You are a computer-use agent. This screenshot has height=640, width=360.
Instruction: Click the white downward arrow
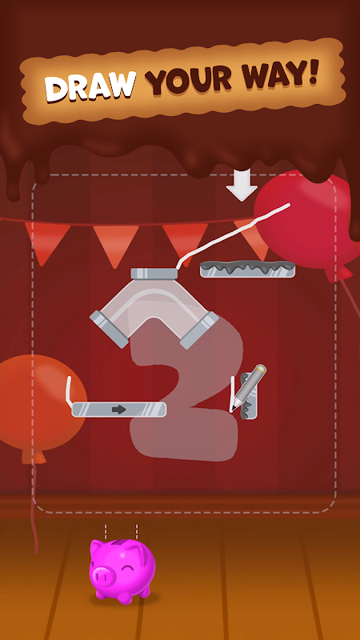coord(242,185)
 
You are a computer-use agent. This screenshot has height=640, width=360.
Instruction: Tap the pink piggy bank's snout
coord(101,577)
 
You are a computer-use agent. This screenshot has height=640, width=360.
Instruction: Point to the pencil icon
coord(248,387)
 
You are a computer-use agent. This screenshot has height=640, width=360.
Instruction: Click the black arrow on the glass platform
coord(118,410)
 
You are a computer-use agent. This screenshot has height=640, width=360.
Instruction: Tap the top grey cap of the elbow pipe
coord(154,273)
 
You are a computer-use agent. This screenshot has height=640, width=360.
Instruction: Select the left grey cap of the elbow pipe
coord(109,329)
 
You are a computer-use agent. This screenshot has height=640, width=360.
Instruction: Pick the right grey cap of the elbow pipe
coord(199,330)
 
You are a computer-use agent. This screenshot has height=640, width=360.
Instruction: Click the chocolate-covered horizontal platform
coord(247,269)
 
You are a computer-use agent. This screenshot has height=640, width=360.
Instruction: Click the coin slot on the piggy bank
coord(122,543)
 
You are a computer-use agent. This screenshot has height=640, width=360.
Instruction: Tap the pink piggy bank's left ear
coord(97,546)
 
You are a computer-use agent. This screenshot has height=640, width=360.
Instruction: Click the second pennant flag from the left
coord(116,245)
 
